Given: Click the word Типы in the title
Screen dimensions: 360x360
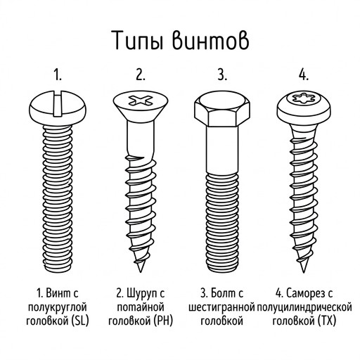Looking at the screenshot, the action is click(138, 40).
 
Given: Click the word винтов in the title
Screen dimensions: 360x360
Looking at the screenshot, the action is click(211, 40).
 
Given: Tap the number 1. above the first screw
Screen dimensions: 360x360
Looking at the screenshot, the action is click(58, 75).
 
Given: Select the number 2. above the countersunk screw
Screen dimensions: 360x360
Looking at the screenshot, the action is click(140, 75).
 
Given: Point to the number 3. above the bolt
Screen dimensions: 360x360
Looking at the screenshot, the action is click(222, 75).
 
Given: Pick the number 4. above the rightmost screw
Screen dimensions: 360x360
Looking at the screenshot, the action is click(304, 75).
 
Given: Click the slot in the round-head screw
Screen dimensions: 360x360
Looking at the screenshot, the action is click(58, 104).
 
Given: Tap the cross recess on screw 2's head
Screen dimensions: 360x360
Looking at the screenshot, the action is click(141, 101).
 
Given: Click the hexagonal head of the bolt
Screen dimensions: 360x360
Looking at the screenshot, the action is click(222, 109).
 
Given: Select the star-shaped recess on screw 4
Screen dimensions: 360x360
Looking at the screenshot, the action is click(304, 99).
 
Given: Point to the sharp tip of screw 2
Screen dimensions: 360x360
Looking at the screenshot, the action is click(140, 272).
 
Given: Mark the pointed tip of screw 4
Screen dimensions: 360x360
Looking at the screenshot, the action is click(304, 272).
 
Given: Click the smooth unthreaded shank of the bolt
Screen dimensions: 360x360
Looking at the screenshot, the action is click(222, 150).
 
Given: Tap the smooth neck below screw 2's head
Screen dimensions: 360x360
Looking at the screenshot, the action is click(141, 139).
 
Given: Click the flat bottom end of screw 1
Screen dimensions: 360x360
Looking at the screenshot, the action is click(58, 270).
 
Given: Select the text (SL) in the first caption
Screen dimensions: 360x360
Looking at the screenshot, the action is click(79, 321).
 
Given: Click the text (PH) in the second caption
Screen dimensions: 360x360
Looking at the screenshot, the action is click(164, 321).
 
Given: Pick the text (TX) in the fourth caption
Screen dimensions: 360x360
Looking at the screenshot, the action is click(327, 321).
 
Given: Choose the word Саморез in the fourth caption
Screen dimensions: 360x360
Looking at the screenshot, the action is click(305, 293).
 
